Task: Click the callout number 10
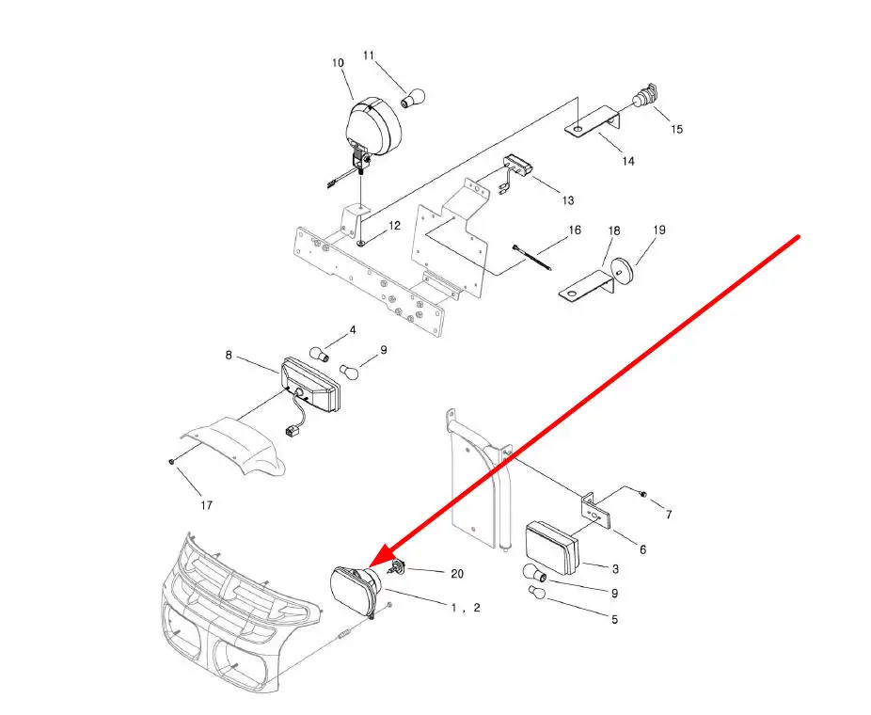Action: (x=338, y=63)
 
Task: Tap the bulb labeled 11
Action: (x=413, y=99)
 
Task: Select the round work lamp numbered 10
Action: (x=373, y=127)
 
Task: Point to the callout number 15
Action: (x=676, y=130)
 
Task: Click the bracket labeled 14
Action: (x=594, y=121)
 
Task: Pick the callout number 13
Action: (x=568, y=200)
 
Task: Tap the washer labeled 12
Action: (x=361, y=242)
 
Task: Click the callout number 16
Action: (x=575, y=230)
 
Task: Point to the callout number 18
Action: (x=614, y=230)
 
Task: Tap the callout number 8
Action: (x=229, y=355)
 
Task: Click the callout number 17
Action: (x=206, y=505)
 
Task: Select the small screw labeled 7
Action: (x=643, y=493)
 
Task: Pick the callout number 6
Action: (x=642, y=550)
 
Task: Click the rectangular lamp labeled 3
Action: (x=552, y=548)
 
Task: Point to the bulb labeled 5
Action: (x=538, y=593)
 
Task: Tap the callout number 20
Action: (x=456, y=573)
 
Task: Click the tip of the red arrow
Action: (x=369, y=567)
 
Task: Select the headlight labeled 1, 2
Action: (x=356, y=592)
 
